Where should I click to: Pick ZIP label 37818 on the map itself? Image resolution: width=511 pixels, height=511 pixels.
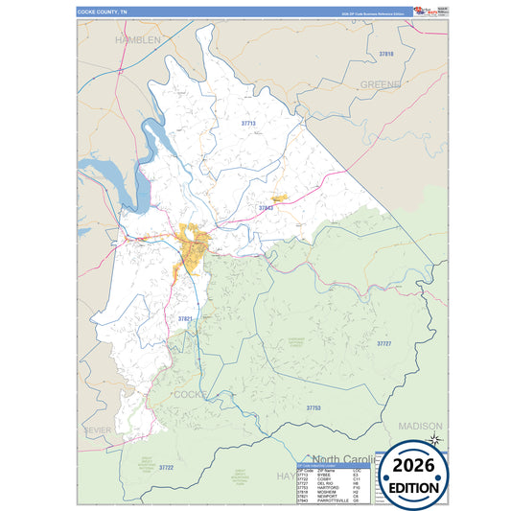386,54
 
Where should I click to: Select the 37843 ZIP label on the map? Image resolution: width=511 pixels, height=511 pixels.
267,207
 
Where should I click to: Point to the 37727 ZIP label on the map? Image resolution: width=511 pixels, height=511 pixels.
384,342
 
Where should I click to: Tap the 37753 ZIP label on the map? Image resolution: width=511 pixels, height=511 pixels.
314,407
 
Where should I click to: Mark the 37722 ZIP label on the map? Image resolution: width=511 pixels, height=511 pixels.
166,467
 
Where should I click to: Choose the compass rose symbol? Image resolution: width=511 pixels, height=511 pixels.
434,439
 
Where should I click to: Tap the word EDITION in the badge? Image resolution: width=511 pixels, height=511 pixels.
414,487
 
